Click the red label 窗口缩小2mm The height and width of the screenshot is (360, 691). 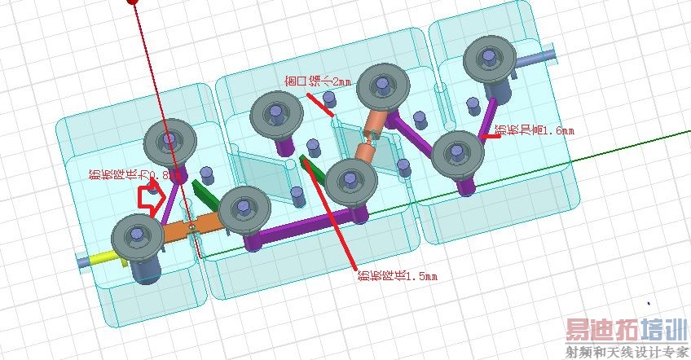point(319,81)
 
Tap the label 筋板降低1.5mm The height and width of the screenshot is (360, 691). point(397,275)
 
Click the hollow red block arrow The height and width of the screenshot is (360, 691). point(152,198)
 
